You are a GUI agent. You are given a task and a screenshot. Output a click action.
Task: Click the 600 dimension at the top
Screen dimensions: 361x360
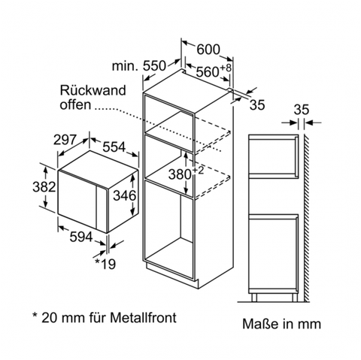208,50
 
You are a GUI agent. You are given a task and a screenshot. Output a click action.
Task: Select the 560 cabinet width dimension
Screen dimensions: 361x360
208,72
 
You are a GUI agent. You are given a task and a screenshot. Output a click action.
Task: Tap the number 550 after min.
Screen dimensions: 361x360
154,66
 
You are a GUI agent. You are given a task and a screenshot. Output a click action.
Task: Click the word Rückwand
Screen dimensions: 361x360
93,90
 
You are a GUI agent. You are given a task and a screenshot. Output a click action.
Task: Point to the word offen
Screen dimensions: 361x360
75,104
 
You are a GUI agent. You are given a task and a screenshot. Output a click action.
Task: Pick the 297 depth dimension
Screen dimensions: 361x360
65,140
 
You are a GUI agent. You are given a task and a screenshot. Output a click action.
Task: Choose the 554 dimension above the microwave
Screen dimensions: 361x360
114,147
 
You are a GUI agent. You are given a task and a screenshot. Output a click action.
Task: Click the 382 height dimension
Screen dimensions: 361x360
44,187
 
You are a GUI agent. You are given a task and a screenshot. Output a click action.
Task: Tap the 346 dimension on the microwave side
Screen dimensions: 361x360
125,195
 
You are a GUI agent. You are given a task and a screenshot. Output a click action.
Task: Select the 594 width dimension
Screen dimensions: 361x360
81,237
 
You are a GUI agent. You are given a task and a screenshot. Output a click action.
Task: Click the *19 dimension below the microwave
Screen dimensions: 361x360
105,264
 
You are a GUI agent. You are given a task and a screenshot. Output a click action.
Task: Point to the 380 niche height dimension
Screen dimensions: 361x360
180,174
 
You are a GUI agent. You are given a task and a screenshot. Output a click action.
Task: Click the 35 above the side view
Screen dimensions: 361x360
302,110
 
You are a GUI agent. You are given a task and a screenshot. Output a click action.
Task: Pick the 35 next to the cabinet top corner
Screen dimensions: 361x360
257,104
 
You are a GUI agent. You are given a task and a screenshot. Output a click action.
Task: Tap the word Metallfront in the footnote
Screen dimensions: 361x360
143,318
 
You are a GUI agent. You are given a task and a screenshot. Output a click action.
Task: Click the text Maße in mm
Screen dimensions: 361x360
281,324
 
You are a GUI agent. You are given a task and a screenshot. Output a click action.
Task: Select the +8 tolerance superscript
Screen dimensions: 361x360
226,68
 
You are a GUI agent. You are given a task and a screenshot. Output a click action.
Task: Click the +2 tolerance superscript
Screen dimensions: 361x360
198,171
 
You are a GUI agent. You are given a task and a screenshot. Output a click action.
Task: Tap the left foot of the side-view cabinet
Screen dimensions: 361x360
254,298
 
